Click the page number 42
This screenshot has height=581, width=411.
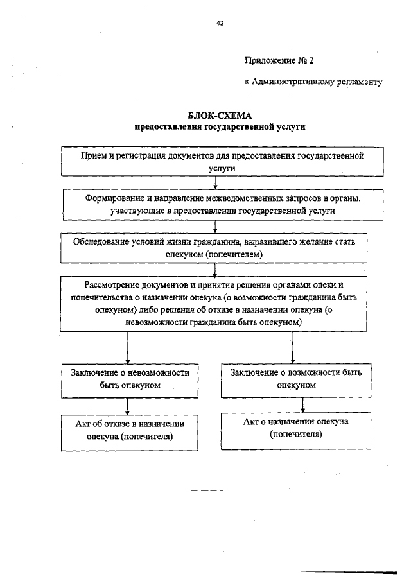coord(220,23)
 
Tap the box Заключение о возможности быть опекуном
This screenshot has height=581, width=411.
coord(296,379)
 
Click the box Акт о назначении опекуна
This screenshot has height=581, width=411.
coord(296,428)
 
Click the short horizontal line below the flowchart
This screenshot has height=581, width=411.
coord(207,490)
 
